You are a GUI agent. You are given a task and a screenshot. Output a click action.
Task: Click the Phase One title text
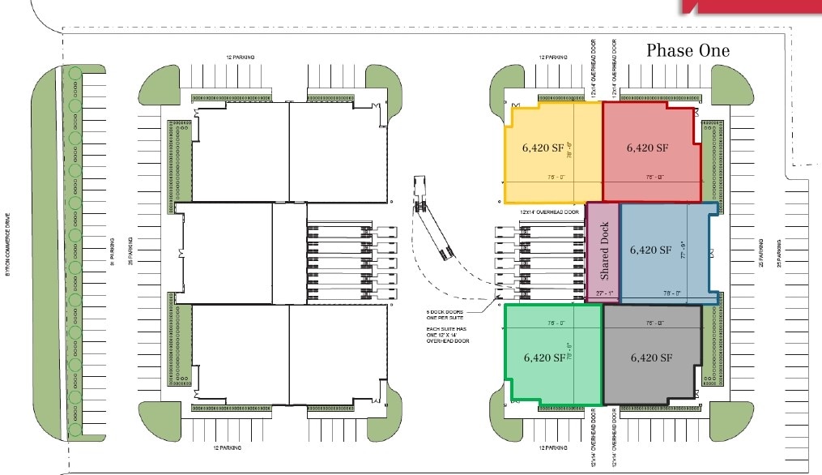688,50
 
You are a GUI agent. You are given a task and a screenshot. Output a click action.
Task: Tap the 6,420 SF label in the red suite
647,148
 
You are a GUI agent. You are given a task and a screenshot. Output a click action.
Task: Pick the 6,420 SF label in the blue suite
651,250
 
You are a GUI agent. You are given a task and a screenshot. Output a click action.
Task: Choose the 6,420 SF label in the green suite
544,357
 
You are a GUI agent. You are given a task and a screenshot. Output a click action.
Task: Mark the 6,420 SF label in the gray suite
651,357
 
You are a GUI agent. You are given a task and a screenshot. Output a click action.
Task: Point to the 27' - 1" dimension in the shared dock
603,293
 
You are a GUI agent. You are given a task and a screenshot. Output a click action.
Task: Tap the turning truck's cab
421,188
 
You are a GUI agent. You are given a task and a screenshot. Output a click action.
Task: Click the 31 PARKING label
113,250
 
